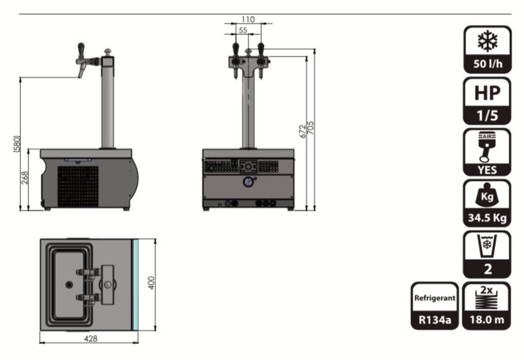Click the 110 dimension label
click(x=248, y=20)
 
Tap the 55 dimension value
click(x=243, y=30)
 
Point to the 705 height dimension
click(x=311, y=128)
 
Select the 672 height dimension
click(x=302, y=131)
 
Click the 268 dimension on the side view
click(x=25, y=178)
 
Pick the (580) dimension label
click(x=17, y=144)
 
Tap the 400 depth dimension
click(x=151, y=283)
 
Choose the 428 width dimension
click(x=91, y=338)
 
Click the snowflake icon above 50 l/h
click(x=487, y=41)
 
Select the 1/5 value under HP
click(x=487, y=116)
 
